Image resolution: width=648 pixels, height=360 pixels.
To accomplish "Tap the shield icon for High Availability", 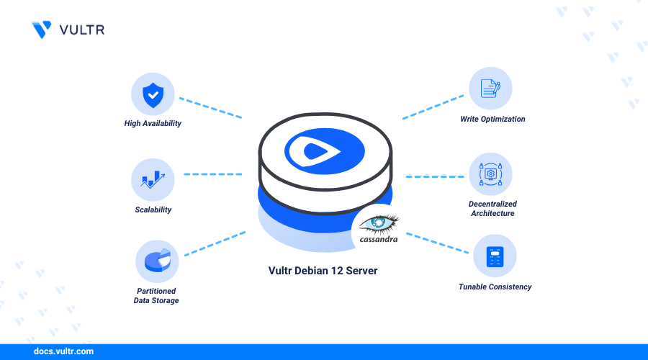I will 153,94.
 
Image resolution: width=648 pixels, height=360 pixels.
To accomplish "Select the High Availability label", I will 153,123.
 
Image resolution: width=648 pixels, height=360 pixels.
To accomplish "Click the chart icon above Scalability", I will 153,179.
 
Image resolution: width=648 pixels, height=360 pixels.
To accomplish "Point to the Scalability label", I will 153,210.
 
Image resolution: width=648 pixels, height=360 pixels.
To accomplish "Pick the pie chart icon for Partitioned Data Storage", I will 157,261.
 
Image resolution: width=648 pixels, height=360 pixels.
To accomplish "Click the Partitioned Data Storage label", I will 156,295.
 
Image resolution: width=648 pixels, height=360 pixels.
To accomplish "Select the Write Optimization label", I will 492,119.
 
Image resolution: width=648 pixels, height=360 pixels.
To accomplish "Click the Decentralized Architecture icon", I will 490,174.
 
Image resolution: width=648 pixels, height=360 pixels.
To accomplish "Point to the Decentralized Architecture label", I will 492,208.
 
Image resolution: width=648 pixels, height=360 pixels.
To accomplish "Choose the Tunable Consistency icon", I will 495,256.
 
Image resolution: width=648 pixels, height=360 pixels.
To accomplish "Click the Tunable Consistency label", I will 495,287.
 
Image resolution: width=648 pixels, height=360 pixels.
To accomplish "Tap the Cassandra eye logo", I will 379,222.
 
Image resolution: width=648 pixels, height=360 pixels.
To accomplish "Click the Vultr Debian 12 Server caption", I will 323,271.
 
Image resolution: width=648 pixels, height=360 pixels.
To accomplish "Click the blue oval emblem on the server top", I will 324,150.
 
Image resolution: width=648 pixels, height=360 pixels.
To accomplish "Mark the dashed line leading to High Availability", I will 210,107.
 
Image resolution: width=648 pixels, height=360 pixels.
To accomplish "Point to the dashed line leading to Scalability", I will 213,174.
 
